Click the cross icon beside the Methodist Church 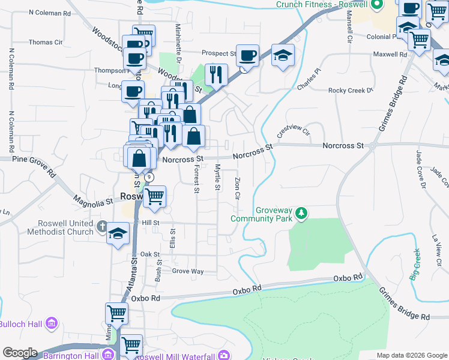click(102, 227)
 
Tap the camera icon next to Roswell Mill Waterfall click(224, 355)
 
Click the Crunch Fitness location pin click(377, 5)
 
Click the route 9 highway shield click(149, 178)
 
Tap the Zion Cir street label click(238, 187)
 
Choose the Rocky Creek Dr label click(351, 90)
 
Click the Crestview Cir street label click(292, 131)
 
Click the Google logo click(20, 353)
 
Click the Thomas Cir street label click(46, 43)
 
